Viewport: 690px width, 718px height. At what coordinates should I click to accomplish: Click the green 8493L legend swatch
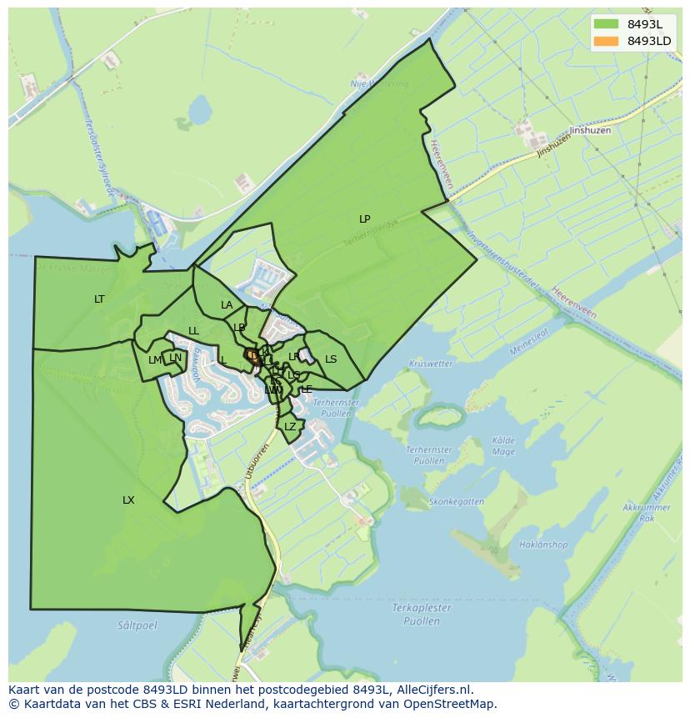606,23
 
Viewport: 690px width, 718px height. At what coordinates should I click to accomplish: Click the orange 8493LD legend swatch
606,41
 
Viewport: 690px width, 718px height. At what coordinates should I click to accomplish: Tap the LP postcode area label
364,219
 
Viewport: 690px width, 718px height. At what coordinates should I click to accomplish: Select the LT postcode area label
99,299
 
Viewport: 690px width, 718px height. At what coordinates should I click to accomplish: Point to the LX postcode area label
128,500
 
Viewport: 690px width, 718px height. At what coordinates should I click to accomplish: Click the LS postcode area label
331,359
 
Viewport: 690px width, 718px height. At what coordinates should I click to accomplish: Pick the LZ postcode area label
290,427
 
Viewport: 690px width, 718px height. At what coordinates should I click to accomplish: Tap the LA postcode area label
227,305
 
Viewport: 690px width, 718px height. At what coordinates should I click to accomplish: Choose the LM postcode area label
155,360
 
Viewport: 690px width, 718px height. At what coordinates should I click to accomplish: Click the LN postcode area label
175,358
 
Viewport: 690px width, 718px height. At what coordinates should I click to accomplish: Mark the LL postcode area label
193,331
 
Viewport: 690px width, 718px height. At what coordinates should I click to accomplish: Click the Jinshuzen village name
590,130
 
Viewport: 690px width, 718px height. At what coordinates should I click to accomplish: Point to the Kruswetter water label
431,364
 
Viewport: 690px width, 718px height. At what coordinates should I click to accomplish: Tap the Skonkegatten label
456,502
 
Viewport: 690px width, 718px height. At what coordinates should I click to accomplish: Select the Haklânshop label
542,545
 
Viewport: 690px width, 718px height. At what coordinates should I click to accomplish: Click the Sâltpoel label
137,624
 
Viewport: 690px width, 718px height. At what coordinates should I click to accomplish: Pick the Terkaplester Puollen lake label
422,614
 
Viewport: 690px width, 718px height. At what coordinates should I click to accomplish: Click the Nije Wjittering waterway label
379,84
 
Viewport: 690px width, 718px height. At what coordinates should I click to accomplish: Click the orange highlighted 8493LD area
252,356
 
